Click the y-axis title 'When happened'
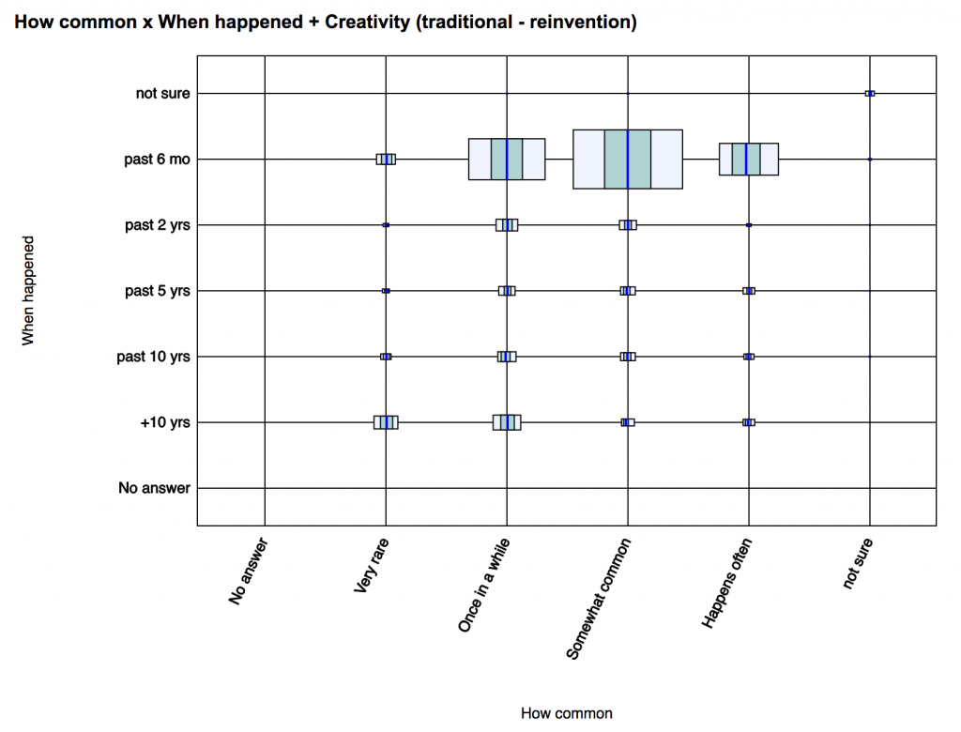tap(28, 291)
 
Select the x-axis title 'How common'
tap(566, 713)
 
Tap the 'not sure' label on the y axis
tap(162, 93)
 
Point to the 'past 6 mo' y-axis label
tap(157, 160)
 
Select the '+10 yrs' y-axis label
tap(165, 422)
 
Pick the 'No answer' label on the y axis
tap(154, 488)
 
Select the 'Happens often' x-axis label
tap(726, 583)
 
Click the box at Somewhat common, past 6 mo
tap(628, 160)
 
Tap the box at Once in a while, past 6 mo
tap(507, 160)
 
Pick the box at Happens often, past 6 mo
tap(748, 160)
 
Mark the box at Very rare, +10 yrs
tap(386, 422)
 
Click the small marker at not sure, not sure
tap(870, 93)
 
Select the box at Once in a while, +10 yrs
tap(507, 422)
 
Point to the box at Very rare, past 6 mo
tap(386, 160)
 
